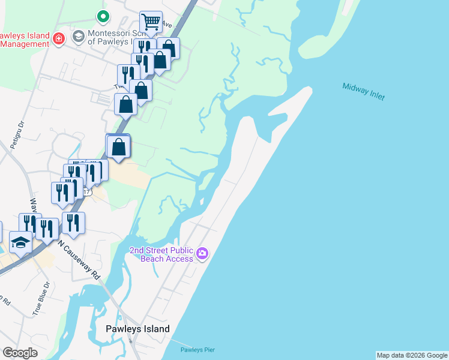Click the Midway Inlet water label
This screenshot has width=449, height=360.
pyautogui.click(x=364, y=92)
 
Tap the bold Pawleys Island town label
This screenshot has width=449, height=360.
pyautogui.click(x=137, y=329)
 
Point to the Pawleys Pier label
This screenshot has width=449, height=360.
pyautogui.click(x=197, y=350)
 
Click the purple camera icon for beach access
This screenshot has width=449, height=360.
pyautogui.click(x=203, y=253)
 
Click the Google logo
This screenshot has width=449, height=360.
pyautogui.click(x=20, y=353)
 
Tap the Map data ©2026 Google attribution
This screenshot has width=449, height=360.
pyautogui.click(x=412, y=355)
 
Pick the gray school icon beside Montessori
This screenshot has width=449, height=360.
pyautogui.click(x=77, y=37)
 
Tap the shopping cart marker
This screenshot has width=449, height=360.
pyautogui.click(x=151, y=23)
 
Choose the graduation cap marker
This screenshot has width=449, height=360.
pyautogui.click(x=21, y=243)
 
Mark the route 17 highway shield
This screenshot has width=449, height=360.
pyautogui.click(x=87, y=193)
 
